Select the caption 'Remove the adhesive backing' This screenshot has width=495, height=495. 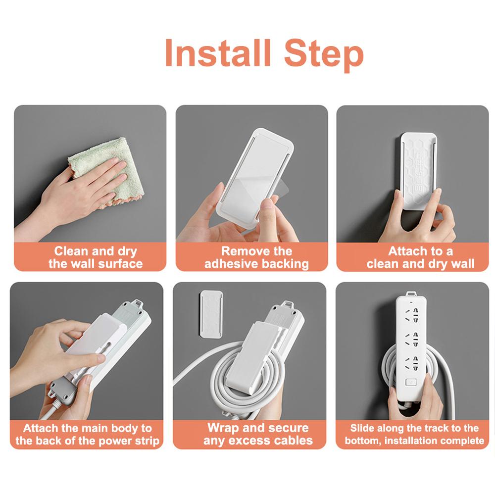tap(256, 257)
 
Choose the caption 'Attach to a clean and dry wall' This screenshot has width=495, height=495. tap(420, 257)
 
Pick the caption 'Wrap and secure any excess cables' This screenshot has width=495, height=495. tap(257, 434)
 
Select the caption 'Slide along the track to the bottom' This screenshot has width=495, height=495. tap(414, 434)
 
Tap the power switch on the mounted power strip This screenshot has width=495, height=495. tap(410, 382)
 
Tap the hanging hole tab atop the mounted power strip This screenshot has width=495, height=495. tap(411, 294)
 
